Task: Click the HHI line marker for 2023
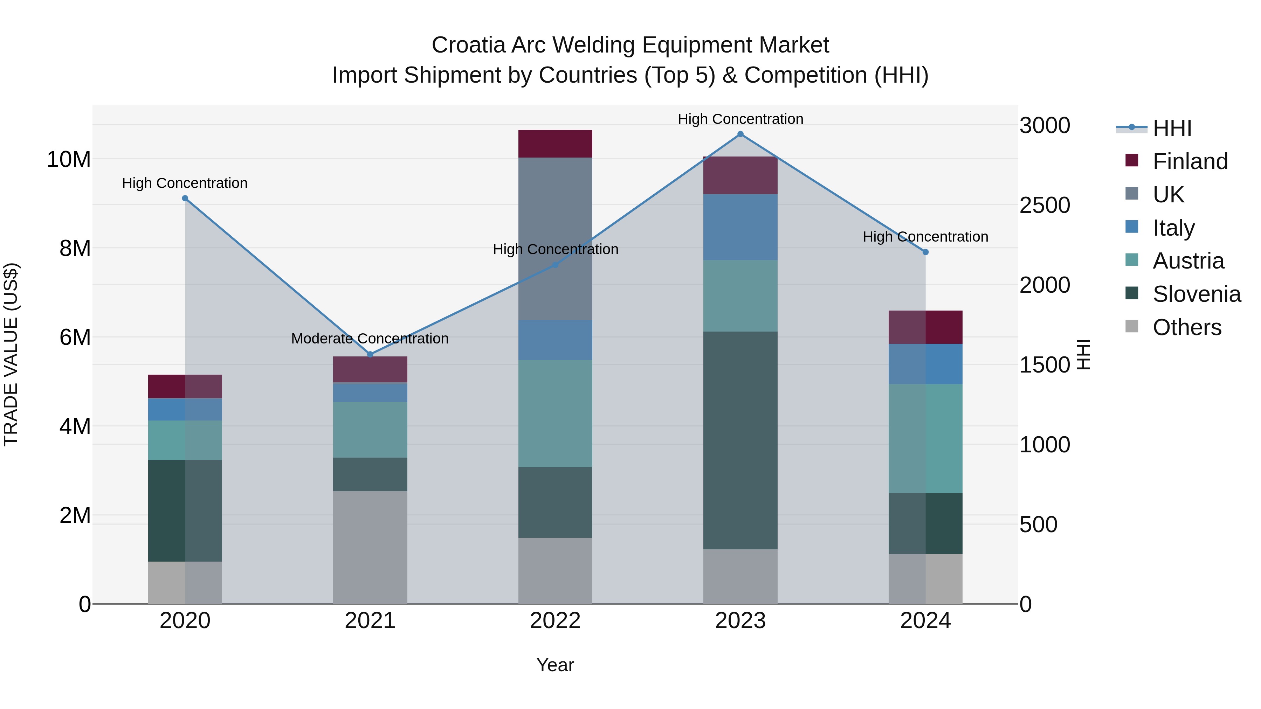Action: click(740, 134)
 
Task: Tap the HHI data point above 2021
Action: click(370, 354)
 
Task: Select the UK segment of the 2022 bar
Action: click(555, 239)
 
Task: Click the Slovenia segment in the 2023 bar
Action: click(740, 440)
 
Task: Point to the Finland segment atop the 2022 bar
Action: click(555, 144)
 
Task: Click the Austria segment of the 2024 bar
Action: click(925, 438)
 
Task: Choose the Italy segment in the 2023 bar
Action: click(740, 227)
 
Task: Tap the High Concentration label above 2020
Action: click(185, 183)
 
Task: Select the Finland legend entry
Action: click(1190, 161)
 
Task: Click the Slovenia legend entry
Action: click(1197, 294)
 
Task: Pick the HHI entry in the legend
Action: click(1172, 128)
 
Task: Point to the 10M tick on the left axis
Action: click(69, 160)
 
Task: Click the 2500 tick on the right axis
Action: click(1045, 205)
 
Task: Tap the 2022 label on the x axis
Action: click(555, 621)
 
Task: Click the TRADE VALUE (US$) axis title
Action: click(11, 354)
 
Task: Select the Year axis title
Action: click(555, 665)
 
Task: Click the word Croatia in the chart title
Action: click(468, 45)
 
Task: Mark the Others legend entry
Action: click(1187, 327)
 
